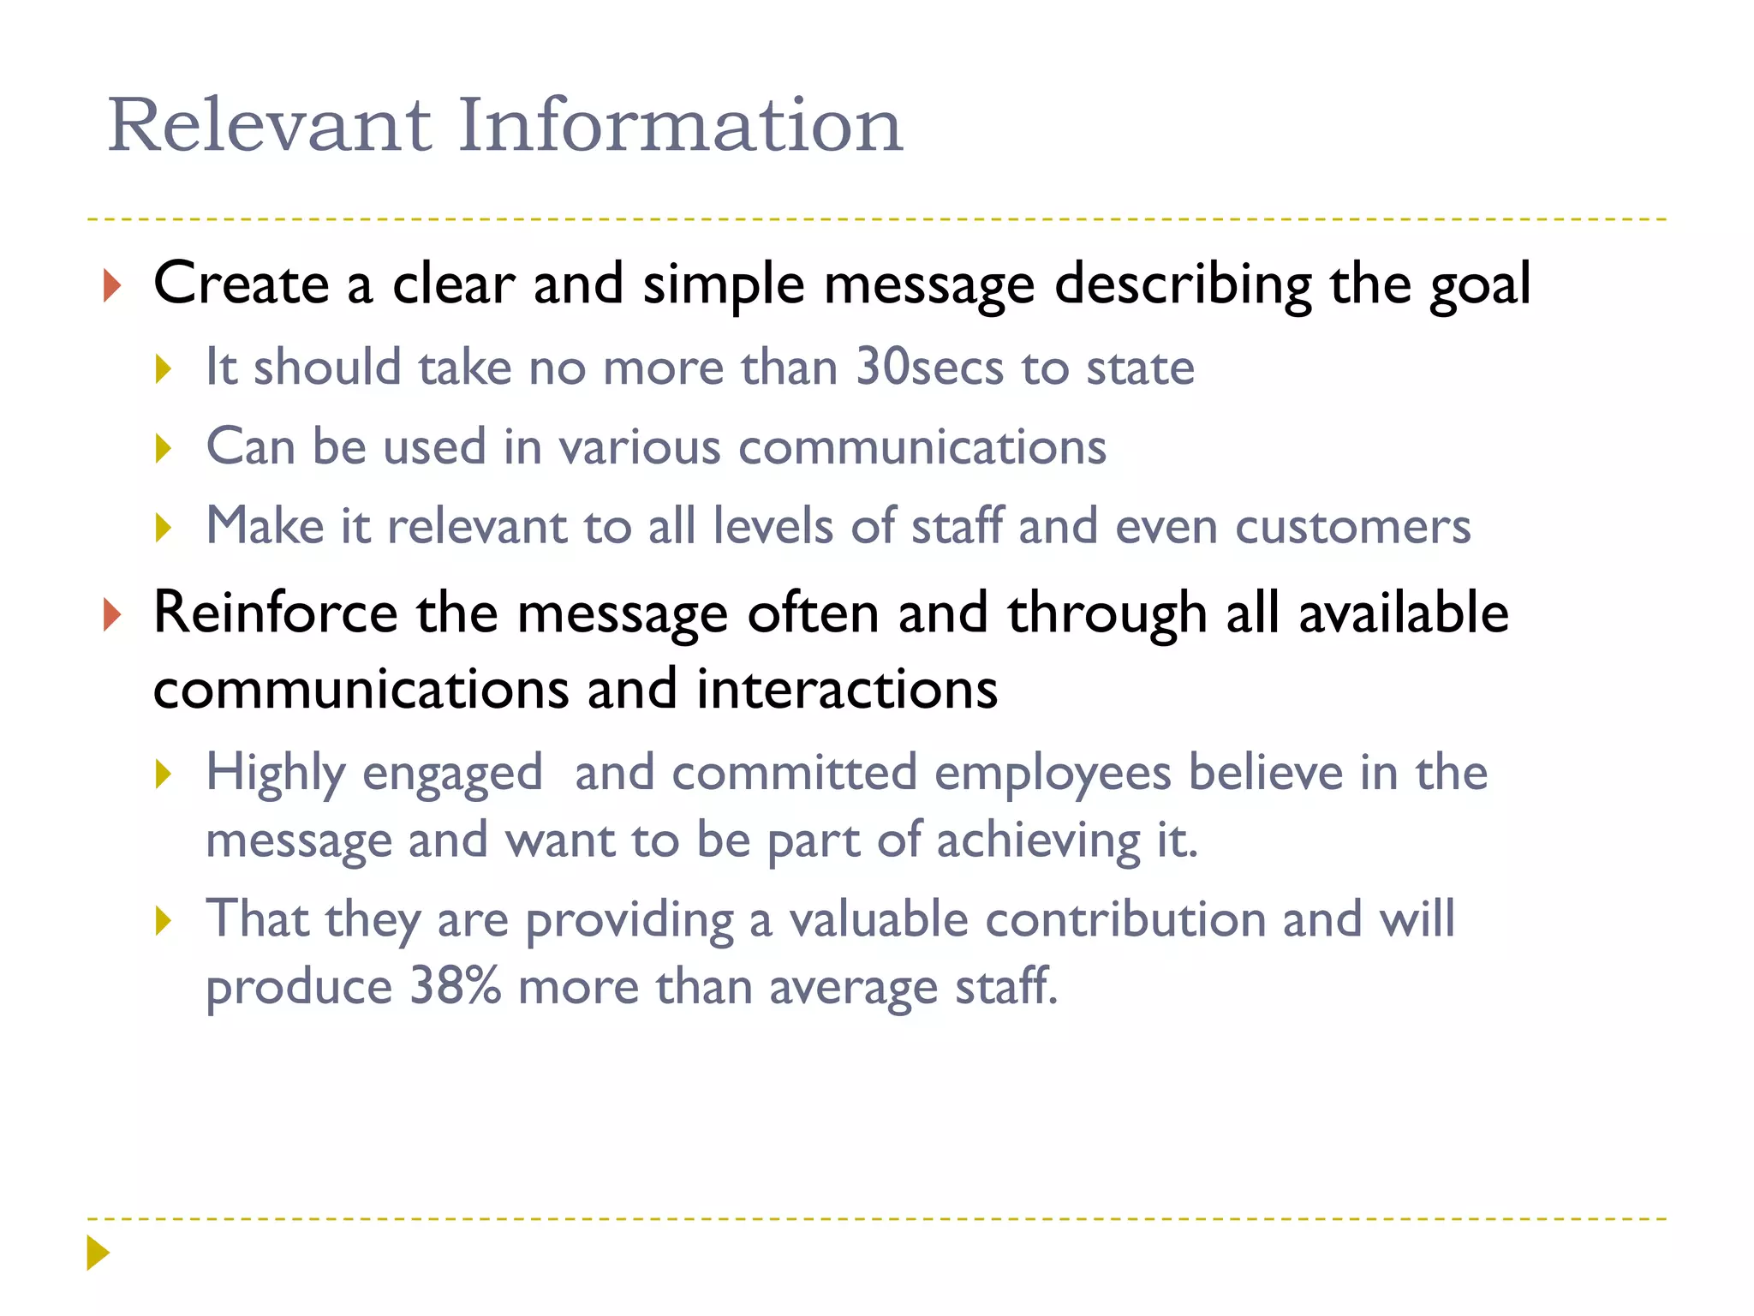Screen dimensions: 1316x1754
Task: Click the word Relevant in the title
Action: click(x=269, y=126)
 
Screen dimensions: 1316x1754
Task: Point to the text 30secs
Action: click(x=929, y=368)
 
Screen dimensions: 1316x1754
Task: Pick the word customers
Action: click(x=1352, y=526)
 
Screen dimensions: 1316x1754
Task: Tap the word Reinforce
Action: click(x=275, y=613)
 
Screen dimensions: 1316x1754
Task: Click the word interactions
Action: click(x=847, y=689)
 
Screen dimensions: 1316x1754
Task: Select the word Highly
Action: click(x=276, y=774)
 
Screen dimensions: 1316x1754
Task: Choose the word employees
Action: click(x=1053, y=774)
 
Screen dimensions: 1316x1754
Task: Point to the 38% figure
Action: click(x=455, y=986)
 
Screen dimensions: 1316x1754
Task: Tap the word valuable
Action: click(x=878, y=919)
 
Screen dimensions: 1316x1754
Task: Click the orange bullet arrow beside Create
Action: click(x=111, y=285)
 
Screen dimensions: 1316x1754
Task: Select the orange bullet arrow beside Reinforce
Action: click(x=111, y=615)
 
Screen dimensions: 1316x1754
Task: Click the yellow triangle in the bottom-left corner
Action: click(x=98, y=1253)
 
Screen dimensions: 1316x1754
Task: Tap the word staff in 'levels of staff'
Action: click(x=956, y=526)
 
